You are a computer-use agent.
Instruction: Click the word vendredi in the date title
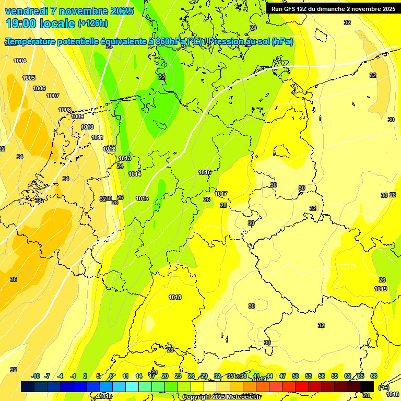click(x=27, y=11)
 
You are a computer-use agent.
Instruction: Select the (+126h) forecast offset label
click(x=92, y=23)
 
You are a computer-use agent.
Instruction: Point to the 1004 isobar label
click(x=20, y=61)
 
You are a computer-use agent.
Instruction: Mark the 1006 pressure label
click(x=39, y=88)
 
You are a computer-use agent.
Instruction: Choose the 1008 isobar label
click(x=65, y=110)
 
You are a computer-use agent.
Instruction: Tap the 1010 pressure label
click(x=87, y=127)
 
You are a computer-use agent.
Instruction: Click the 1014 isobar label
click(x=135, y=174)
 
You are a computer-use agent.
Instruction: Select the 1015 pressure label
click(x=142, y=198)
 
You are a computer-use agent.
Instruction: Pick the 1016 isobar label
click(x=205, y=172)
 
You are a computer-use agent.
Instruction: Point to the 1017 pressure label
click(x=221, y=194)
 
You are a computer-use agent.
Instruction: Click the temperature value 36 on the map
click(x=14, y=279)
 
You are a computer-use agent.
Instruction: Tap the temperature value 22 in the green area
click(x=162, y=77)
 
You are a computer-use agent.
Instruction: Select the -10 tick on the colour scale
click(x=36, y=376)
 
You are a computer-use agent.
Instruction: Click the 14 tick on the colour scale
click(x=139, y=376)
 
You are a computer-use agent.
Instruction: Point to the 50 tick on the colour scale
click(x=296, y=376)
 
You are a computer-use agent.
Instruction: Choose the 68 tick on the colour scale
click(x=374, y=376)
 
